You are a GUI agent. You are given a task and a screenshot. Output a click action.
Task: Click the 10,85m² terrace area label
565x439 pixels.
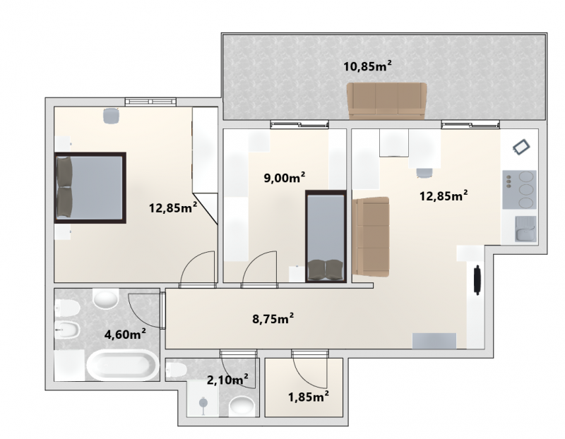(x=367, y=66)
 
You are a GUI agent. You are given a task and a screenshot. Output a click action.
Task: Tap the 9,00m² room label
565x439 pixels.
(x=285, y=178)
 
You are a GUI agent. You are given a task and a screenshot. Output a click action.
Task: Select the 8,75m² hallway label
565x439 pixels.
(x=273, y=319)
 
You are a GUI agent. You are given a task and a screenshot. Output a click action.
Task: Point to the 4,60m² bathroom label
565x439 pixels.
(x=125, y=335)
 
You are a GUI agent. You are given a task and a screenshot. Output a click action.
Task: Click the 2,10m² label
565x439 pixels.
(x=227, y=379)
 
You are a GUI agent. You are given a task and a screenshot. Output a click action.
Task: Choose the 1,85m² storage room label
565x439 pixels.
(x=309, y=397)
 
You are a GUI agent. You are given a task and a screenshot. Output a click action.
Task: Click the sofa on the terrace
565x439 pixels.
(x=386, y=101)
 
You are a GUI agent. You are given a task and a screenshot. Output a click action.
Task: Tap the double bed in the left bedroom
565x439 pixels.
(x=90, y=188)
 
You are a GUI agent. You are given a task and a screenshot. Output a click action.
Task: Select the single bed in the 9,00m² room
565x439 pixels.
(x=326, y=236)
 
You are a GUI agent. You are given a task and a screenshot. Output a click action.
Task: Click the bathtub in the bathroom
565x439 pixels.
(x=122, y=366)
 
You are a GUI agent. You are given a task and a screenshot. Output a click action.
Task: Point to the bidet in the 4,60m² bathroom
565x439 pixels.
(x=67, y=330)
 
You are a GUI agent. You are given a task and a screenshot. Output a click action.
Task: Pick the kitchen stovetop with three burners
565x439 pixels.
(x=520, y=190)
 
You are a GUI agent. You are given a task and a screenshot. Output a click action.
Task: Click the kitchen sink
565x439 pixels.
(x=525, y=229)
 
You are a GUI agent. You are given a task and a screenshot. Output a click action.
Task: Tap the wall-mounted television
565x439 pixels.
(x=477, y=280)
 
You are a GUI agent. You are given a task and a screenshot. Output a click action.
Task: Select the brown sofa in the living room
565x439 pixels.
(x=371, y=236)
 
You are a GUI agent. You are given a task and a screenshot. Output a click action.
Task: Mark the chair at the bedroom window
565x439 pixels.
(x=111, y=116)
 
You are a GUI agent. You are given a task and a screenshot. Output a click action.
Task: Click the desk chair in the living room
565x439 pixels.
(x=424, y=173)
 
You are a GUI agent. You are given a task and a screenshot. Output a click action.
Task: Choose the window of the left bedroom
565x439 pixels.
(x=150, y=102)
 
